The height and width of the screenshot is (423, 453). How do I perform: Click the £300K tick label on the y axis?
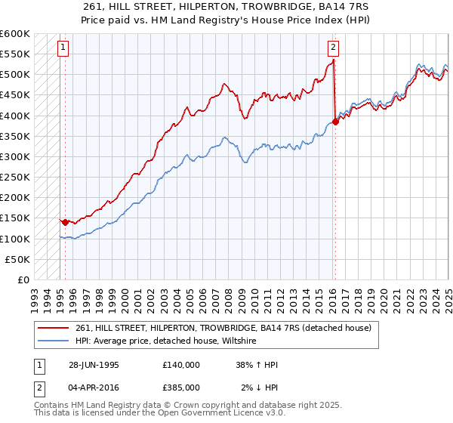click(x=14, y=156)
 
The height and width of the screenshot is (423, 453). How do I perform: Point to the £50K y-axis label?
click(x=17, y=259)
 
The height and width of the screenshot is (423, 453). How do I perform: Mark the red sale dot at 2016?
click(x=335, y=122)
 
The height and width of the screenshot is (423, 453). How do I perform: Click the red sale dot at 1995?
click(x=66, y=222)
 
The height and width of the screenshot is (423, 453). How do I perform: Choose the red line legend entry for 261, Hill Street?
click(x=223, y=329)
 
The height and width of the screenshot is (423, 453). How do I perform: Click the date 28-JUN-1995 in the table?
click(x=94, y=365)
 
